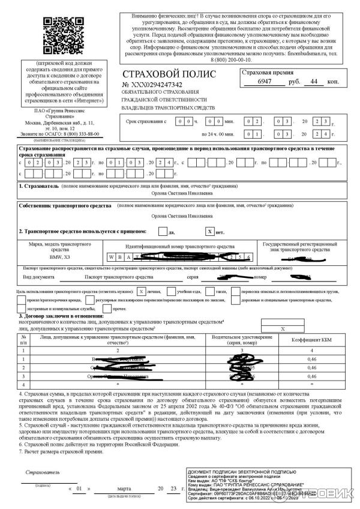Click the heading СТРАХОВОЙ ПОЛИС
(x=158, y=73)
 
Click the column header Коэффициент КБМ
(x=307, y=340)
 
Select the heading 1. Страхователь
(x=39, y=187)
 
